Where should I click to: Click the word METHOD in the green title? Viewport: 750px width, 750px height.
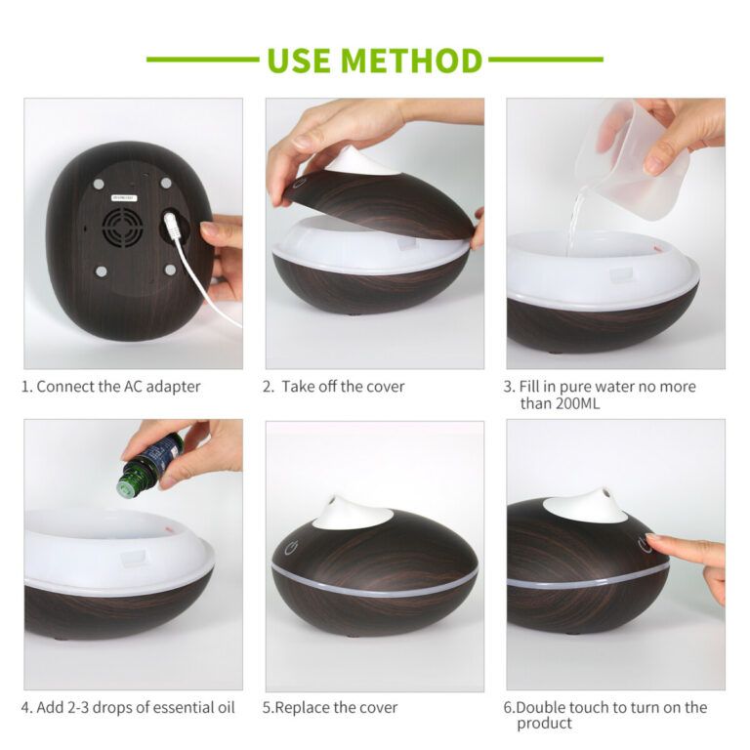[411, 61]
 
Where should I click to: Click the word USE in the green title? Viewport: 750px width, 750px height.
[299, 61]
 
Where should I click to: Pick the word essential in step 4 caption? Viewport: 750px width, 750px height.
[180, 707]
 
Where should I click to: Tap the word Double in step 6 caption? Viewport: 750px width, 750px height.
[540, 707]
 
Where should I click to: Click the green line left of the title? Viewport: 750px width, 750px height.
[203, 60]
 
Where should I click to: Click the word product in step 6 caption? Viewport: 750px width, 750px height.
[544, 724]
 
